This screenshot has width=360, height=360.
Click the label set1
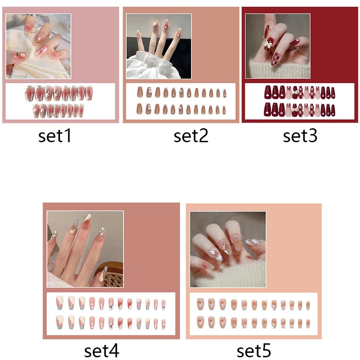(55, 136)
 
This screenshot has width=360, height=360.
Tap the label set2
(191, 136)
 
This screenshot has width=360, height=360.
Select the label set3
(300, 136)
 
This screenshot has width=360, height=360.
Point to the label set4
(102, 351)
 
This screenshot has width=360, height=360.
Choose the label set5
(254, 351)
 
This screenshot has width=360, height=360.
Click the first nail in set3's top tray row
(268, 92)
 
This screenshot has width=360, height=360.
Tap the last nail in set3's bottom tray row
(333, 110)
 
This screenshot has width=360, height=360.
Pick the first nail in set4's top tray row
(60, 302)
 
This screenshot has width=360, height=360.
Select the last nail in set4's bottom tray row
(163, 324)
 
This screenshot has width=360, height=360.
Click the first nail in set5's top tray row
(200, 304)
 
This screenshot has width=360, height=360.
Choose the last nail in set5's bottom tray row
(308, 324)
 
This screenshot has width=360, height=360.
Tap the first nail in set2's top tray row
(139, 92)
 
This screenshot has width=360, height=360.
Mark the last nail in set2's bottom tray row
(224, 110)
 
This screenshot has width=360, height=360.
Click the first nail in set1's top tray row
(29, 93)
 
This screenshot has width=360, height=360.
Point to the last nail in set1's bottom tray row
(81, 110)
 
